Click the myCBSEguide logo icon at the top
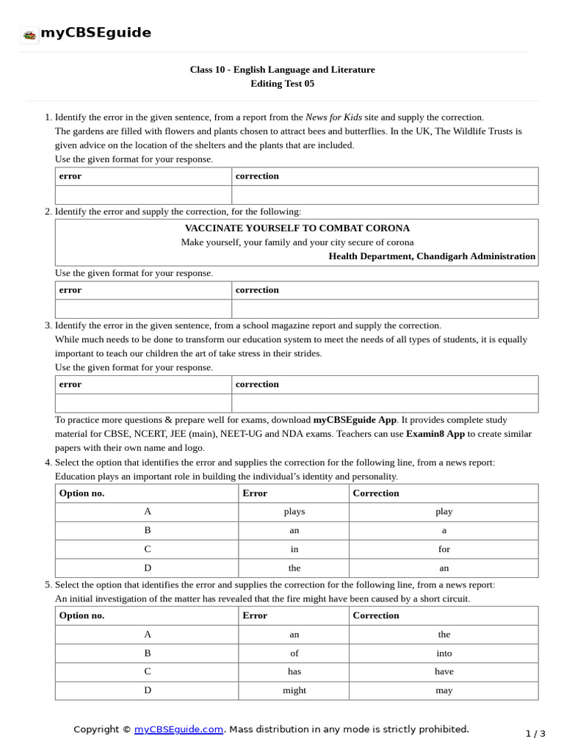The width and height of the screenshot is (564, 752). click(x=29, y=35)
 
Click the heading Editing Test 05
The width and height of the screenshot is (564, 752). click(x=282, y=84)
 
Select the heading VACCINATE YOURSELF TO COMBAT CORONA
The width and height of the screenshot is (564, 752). click(x=297, y=228)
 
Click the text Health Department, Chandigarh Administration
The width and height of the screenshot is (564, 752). click(x=432, y=256)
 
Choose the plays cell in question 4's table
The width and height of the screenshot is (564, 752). click(x=294, y=512)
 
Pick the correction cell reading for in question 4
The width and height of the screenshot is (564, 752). click(x=444, y=549)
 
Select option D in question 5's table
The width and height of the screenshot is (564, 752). click(x=148, y=690)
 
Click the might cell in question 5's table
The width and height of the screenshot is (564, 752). click(x=294, y=690)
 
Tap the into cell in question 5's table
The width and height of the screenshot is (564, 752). click(x=444, y=653)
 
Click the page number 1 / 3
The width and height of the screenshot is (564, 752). click(x=535, y=734)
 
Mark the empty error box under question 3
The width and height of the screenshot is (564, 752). click(x=144, y=403)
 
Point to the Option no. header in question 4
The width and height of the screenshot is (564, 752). click(x=82, y=493)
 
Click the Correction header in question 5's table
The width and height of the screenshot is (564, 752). click(x=376, y=615)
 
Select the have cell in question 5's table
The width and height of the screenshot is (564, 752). click(x=444, y=671)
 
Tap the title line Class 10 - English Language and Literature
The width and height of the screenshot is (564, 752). click(x=282, y=70)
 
